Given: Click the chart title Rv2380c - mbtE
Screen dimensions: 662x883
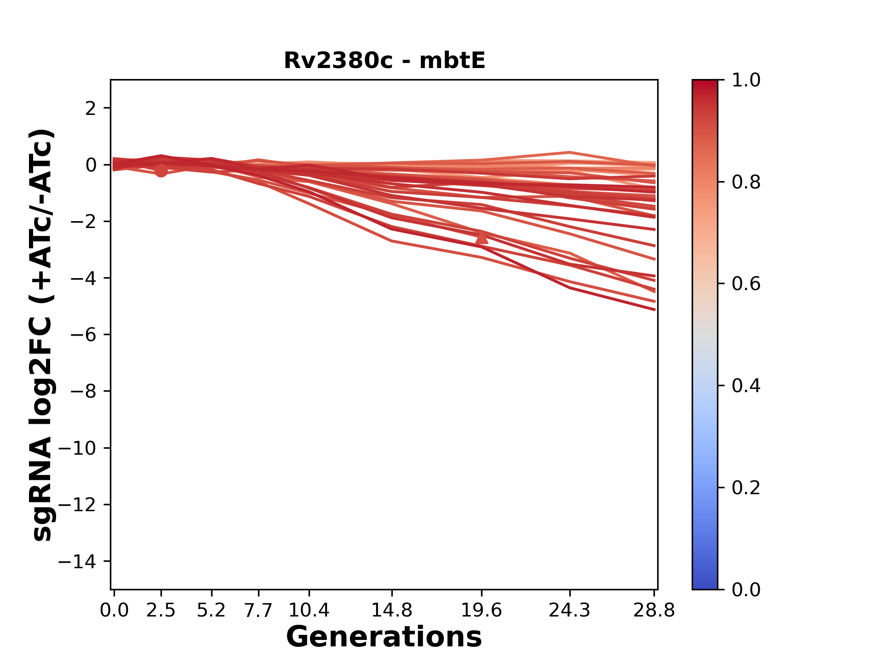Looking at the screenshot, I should (x=384, y=61).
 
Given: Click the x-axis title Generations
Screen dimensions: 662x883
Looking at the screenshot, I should (x=384, y=637).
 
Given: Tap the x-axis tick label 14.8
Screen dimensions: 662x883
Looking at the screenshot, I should (x=391, y=611).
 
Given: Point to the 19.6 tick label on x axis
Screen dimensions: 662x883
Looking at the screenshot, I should (x=482, y=611).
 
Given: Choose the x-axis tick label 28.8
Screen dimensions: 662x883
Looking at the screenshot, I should (x=654, y=611).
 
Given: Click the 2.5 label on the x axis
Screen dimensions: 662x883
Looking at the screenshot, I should (x=161, y=611).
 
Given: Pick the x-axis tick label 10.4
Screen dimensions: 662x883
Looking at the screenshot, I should (x=309, y=611).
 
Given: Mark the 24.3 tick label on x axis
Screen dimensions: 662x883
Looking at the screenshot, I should (x=570, y=611).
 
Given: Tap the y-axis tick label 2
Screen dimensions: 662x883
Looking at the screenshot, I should (x=91, y=108).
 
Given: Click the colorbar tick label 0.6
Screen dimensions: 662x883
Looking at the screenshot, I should (x=746, y=284).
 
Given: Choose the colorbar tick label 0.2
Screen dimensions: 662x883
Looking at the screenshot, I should (x=746, y=487).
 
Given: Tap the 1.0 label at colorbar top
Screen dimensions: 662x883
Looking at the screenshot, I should (x=746, y=80).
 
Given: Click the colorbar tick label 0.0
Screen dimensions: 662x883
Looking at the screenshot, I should (x=746, y=589).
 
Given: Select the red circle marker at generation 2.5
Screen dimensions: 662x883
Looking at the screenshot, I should (x=161, y=171).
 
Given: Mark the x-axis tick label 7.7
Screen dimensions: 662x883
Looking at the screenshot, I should (x=258, y=611).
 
